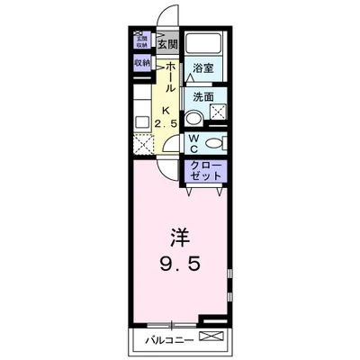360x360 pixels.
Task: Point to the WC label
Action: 193,142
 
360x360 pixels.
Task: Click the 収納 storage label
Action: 142,63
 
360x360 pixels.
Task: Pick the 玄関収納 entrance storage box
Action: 141,41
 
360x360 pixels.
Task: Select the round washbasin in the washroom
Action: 193,117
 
